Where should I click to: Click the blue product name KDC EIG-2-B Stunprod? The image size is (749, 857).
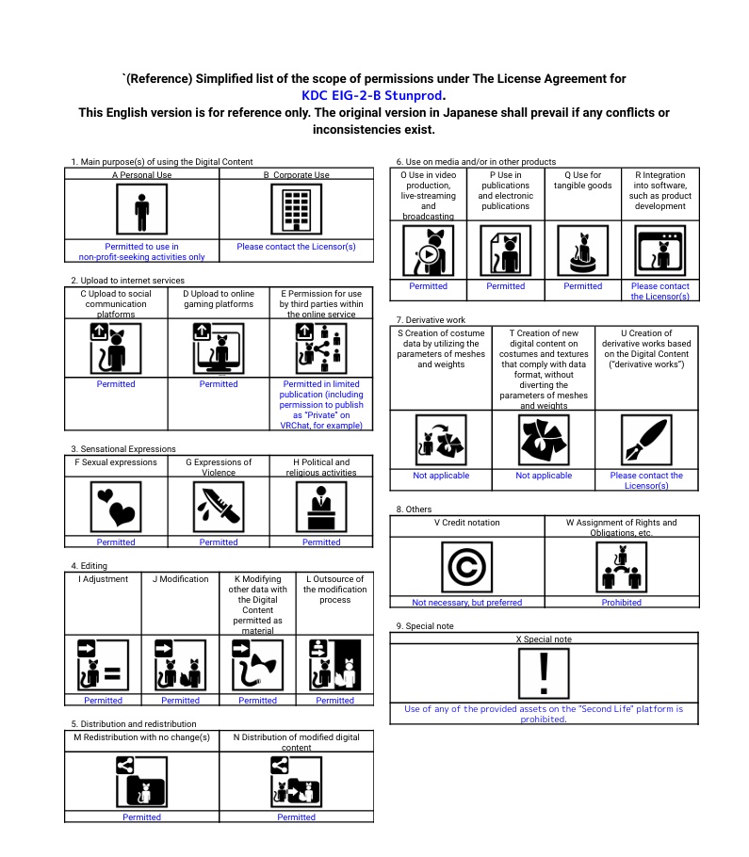click(373, 95)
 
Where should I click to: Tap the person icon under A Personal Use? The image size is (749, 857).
click(141, 209)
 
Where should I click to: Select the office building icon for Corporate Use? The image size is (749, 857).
click(296, 209)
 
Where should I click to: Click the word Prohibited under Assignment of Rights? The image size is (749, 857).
click(621, 603)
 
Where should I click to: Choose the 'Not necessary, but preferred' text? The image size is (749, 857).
click(466, 603)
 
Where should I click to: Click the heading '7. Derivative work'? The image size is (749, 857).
click(431, 320)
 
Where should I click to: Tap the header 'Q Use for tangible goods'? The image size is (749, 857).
click(582, 180)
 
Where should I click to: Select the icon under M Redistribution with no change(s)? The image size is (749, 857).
click(141, 781)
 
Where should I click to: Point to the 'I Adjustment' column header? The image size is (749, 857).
click(103, 579)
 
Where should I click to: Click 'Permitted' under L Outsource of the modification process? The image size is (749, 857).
click(334, 701)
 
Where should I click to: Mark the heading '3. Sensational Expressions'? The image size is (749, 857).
click(122, 449)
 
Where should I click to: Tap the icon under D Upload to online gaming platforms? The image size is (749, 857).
click(219, 348)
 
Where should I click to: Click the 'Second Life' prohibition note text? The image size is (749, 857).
click(544, 714)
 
